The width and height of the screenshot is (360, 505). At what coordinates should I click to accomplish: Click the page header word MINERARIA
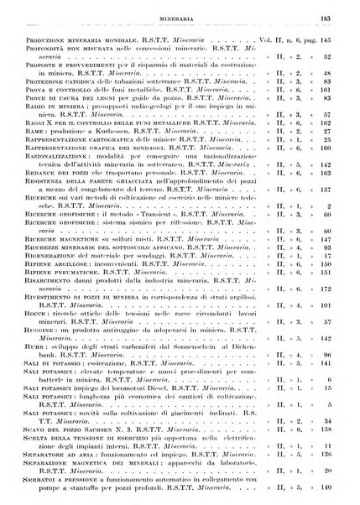(180, 16)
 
